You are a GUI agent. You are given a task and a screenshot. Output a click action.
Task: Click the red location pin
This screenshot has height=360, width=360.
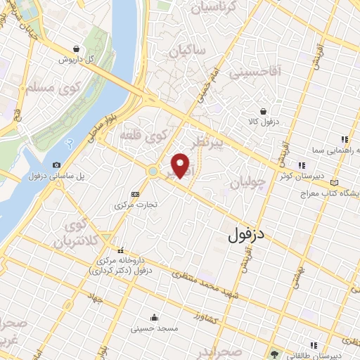tap(181, 165)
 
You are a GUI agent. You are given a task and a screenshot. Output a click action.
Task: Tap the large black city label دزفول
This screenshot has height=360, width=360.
tap(248, 234)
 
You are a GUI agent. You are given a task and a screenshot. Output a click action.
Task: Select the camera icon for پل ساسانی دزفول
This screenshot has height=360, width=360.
tap(57, 164)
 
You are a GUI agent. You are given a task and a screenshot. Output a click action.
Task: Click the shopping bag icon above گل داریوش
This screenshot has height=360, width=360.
tap(75, 49)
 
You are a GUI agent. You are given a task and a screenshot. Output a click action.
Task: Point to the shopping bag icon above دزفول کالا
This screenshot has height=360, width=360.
tap(263, 111)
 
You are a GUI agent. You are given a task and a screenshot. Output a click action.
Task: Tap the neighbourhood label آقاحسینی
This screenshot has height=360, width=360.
tap(275, 70)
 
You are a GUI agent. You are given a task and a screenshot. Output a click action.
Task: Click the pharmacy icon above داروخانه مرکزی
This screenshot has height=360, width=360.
tap(121, 250)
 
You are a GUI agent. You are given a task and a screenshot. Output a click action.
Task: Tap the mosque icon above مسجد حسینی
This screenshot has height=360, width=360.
tap(153, 317)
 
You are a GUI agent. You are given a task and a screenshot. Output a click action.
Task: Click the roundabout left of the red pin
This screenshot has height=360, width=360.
tap(153, 170)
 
